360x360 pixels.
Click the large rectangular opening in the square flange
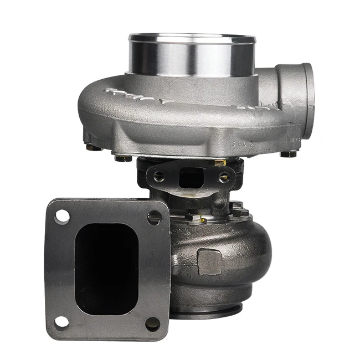pyautogui.click(x=106, y=269)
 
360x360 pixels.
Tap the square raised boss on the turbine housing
pyautogui.click(x=209, y=261)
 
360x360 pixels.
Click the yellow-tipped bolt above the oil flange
pyautogui.click(x=220, y=162)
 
